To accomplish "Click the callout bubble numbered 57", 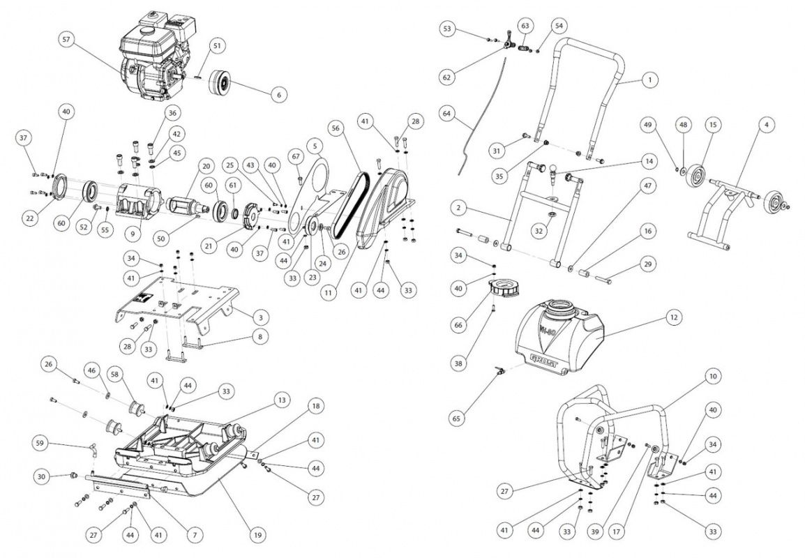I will coord(66,40).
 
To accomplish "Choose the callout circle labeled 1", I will coord(649,80).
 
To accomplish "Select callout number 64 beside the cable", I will coord(447,112).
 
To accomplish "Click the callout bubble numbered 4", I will coord(766,124).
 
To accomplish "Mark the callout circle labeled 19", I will coord(257,535).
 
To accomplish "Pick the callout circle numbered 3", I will coord(259,317).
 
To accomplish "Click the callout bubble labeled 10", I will coord(712,377).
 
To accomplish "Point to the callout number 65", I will coord(456,418).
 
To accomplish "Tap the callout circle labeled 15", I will coord(712,124).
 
